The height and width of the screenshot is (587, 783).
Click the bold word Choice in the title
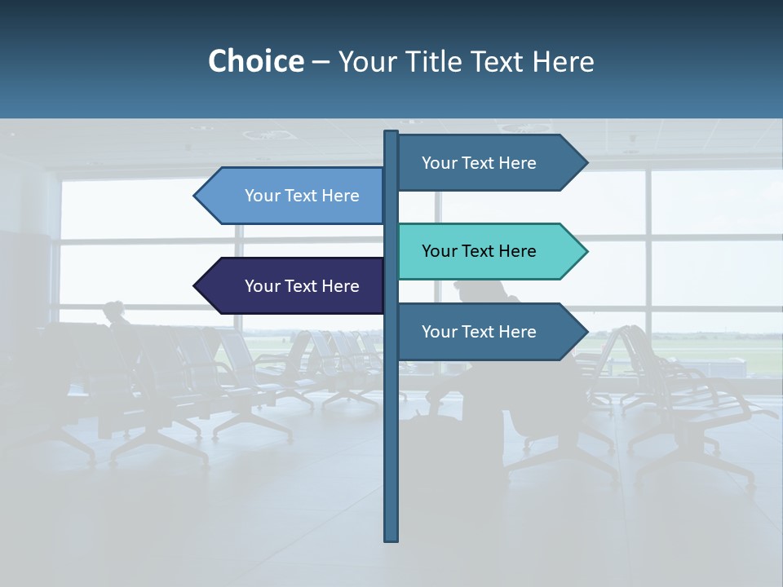(x=255, y=61)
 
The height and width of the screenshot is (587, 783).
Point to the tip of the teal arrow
(x=586, y=251)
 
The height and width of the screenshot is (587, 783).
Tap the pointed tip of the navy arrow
(x=196, y=286)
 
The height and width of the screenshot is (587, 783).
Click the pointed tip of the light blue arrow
(x=196, y=196)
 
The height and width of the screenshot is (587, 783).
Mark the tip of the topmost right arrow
(x=586, y=163)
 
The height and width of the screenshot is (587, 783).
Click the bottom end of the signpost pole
(x=391, y=538)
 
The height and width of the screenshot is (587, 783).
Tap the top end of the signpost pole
(x=391, y=133)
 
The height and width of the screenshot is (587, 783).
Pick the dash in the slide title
(x=321, y=62)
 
